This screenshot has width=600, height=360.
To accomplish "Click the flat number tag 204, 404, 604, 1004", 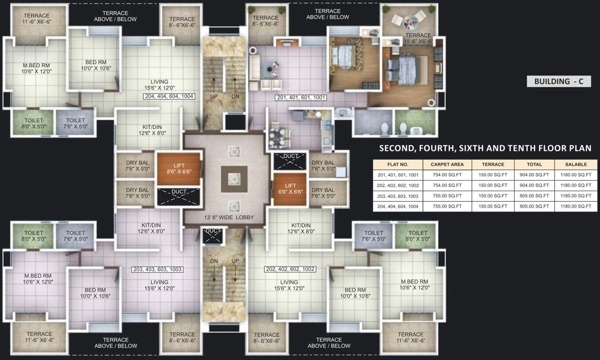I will click(x=169, y=96).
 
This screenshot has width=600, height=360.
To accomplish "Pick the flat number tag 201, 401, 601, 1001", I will click(x=301, y=97).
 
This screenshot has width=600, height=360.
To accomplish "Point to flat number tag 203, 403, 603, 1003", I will click(x=157, y=270).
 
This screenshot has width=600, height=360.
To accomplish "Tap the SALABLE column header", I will click(x=576, y=165).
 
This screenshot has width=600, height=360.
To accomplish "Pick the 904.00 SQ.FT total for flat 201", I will click(x=534, y=175).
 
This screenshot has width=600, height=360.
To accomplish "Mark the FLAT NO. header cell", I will click(x=398, y=165).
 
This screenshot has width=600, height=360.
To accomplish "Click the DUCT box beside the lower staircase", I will click(x=213, y=235).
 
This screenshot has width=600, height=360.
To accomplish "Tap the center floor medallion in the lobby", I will click(x=234, y=179).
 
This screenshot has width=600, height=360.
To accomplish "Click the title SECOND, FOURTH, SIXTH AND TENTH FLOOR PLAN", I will click(x=485, y=149).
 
